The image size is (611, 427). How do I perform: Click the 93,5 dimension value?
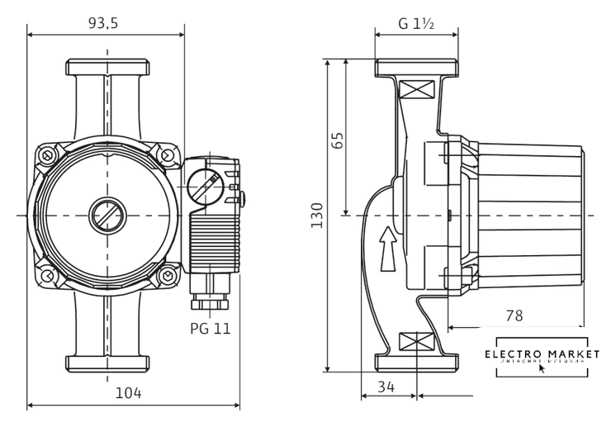coord(103,23)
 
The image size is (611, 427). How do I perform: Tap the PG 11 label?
coord(211,328)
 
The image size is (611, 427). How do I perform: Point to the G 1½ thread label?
coord(417,24)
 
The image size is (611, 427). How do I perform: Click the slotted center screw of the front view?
coord(106,215)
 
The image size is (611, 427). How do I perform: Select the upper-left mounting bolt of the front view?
coord(49,154)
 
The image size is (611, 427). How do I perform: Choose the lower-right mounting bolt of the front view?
coord(167,274)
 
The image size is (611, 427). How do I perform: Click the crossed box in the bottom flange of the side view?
coord(415,340)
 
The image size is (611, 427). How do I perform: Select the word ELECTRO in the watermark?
coord(513,354)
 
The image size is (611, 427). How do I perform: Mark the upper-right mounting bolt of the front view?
coord(167,154)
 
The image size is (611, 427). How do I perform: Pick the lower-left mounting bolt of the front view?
coord(49,274)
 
